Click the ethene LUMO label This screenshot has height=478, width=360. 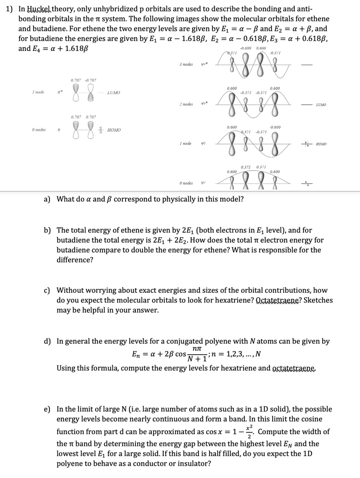pyautogui.click(x=113, y=93)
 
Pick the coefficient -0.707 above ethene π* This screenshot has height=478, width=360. pyautogui.click(x=90, y=80)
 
